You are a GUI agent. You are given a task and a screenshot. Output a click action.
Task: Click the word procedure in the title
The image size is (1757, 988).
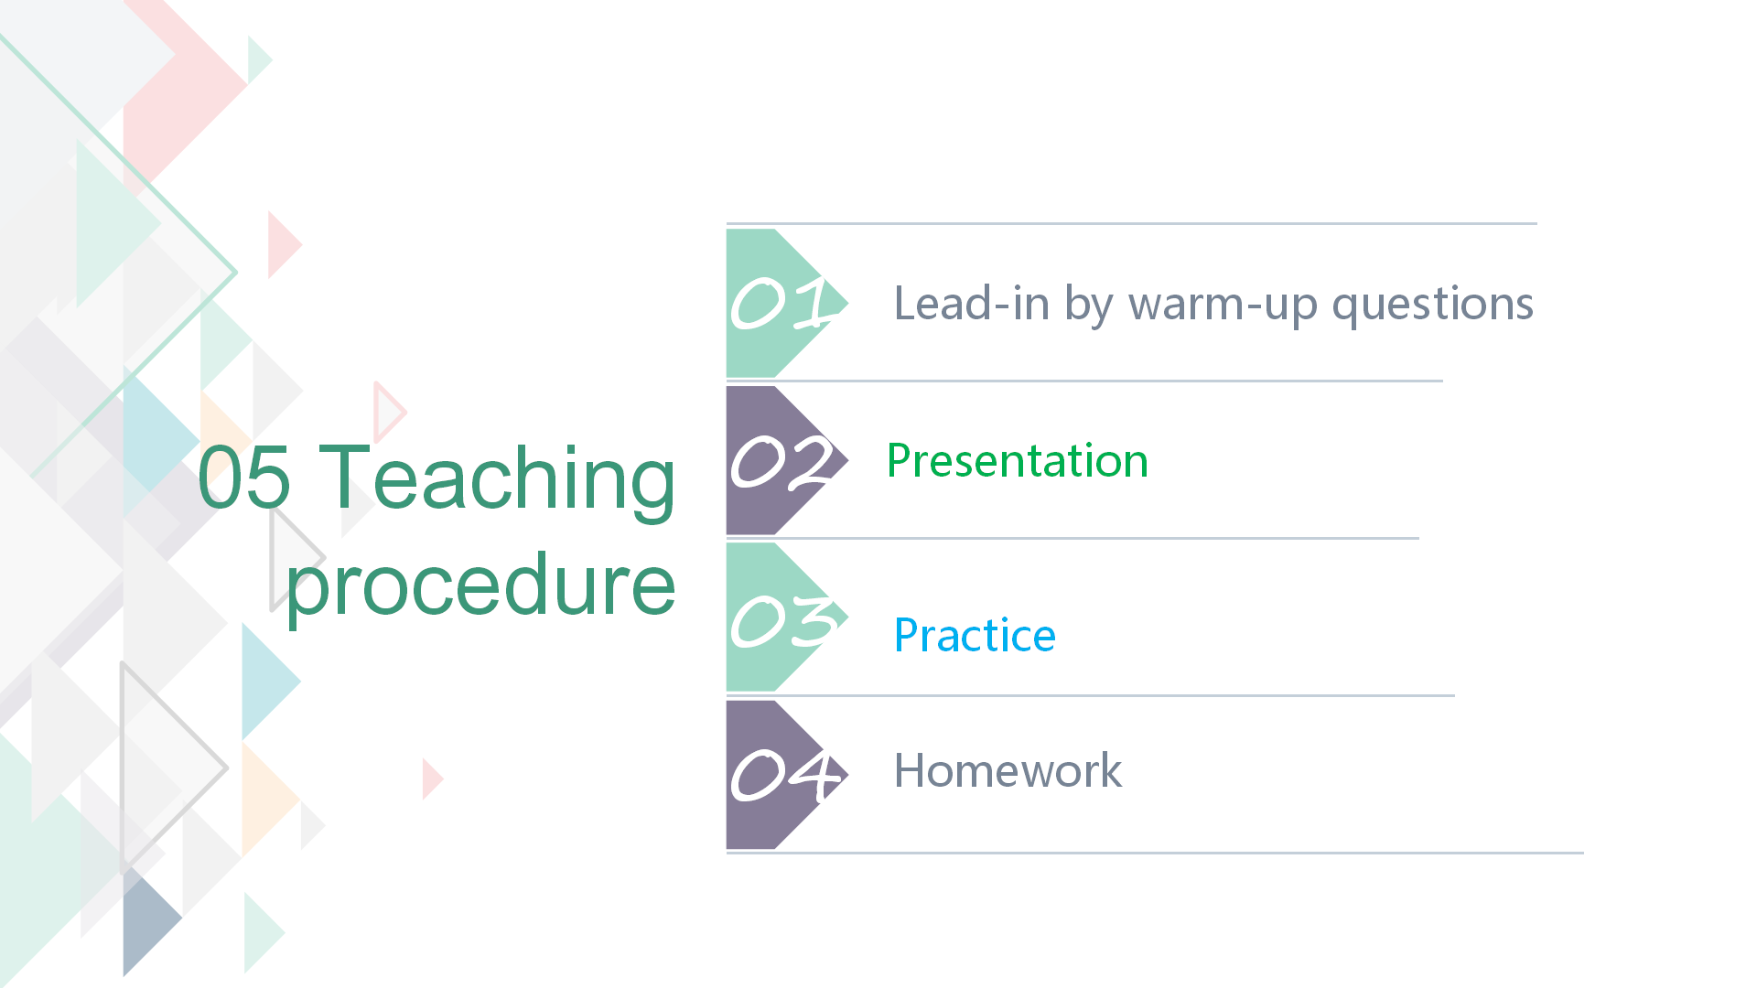click(481, 587)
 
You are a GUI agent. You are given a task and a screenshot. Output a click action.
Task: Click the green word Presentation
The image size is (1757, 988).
click(1018, 460)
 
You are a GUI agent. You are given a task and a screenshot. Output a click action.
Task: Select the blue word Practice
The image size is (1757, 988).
click(975, 635)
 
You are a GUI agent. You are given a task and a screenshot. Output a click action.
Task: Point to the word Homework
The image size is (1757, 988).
click(1008, 770)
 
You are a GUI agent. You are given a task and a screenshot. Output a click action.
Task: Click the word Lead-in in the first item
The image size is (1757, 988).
click(972, 303)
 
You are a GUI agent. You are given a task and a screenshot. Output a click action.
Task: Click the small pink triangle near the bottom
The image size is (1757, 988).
click(432, 779)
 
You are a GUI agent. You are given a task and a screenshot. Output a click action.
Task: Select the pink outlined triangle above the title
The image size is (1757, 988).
click(389, 412)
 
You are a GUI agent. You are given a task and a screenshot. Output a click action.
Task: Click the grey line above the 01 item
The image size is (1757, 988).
click(1132, 223)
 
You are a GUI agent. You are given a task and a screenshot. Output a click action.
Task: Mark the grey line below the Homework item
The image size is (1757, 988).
click(1155, 853)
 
